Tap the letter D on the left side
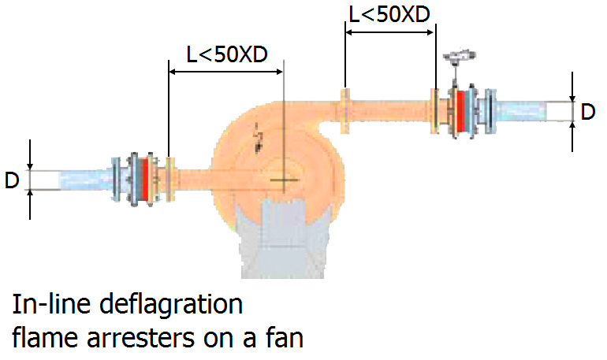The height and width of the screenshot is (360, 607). coord(11,180)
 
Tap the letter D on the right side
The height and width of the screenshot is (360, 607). coord(588,112)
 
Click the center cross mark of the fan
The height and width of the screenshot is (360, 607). coord(280,180)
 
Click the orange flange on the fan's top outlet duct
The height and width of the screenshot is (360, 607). coord(345,109)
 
